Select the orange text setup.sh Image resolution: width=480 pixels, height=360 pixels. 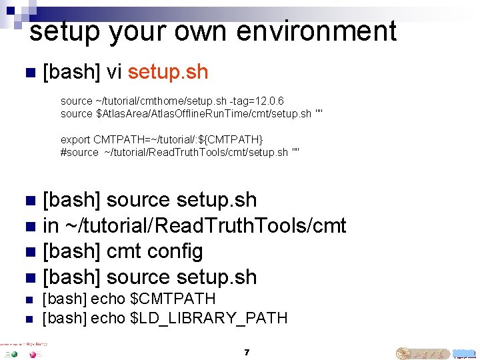coord(168,72)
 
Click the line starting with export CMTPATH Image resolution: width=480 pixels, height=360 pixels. coord(162,139)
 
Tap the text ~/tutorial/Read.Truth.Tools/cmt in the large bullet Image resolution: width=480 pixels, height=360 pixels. coord(205,226)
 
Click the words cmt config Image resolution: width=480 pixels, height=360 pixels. coord(155,251)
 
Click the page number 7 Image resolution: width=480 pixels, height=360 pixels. coord(247,352)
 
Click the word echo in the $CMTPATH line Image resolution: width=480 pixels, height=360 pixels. coord(107,299)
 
